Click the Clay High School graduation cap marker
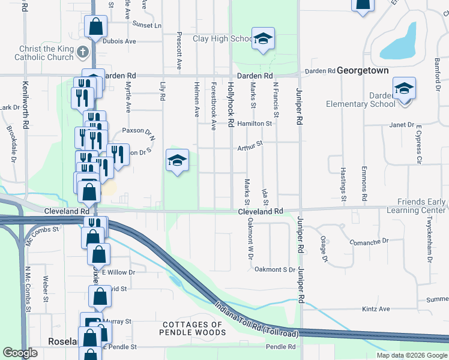(262, 39)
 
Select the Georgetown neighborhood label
(363, 70)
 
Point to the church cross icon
(85, 52)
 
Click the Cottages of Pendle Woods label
(192, 328)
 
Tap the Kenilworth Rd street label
(26, 102)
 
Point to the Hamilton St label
(255, 123)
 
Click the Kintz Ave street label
(376, 309)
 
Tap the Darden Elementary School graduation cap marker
(405, 89)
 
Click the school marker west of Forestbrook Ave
(177, 160)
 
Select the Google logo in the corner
(20, 353)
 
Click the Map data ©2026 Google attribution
(412, 355)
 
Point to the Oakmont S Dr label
(275, 269)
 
